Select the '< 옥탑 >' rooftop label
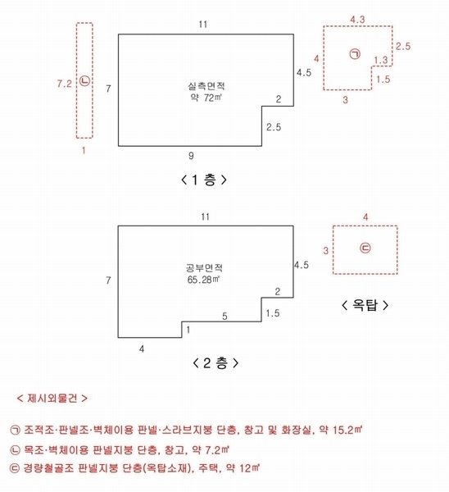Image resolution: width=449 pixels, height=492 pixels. pyautogui.click(x=365, y=304)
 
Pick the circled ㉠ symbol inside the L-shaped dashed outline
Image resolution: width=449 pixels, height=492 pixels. pyautogui.click(x=355, y=55)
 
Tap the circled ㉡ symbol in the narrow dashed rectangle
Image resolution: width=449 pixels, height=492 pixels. pyautogui.click(x=84, y=81)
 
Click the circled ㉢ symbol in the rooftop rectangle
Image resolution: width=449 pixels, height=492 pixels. pyautogui.click(x=365, y=248)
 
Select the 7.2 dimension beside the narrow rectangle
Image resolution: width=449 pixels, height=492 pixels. pyautogui.click(x=65, y=83)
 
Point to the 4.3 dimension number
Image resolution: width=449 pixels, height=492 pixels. pyautogui.click(x=357, y=17)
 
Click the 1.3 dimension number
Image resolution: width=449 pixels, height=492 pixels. pyautogui.click(x=380, y=61)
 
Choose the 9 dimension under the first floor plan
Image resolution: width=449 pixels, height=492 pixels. pyautogui.click(x=191, y=154)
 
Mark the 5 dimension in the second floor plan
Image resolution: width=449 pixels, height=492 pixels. pyautogui.click(x=224, y=315)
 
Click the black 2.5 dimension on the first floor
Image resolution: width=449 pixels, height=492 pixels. pyautogui.click(x=274, y=127)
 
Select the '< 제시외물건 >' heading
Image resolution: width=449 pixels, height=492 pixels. pyautogui.click(x=52, y=399)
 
